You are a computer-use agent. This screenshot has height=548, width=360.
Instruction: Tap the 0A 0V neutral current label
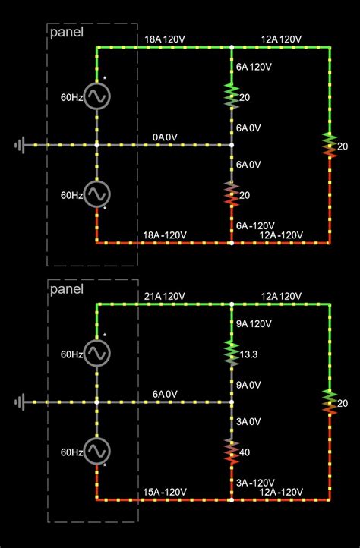click(165, 137)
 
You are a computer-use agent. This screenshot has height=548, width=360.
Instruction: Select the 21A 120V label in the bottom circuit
click(165, 295)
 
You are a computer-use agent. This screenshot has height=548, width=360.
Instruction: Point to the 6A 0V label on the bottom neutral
click(165, 394)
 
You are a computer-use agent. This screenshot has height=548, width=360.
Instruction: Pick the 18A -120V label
click(165, 235)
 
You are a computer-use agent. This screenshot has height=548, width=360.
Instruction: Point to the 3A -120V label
click(254, 483)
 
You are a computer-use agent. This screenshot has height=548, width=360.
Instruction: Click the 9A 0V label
click(248, 385)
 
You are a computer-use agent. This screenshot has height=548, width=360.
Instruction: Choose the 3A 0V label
click(248, 421)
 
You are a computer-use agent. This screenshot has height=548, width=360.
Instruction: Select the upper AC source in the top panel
click(96, 96)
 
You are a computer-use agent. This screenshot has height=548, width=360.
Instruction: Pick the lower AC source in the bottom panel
click(96, 451)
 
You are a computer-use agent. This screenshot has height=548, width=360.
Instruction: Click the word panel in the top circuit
click(66, 32)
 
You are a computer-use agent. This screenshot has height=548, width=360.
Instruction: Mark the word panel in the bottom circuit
click(66, 289)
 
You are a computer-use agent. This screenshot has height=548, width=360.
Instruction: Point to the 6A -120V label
click(254, 225)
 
